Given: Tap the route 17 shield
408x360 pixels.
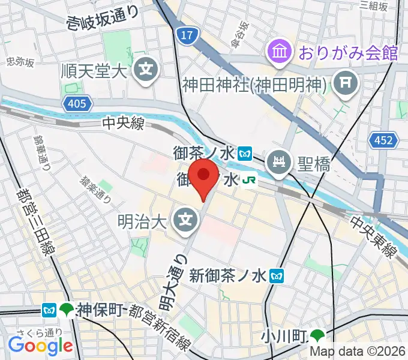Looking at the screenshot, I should click(187, 37).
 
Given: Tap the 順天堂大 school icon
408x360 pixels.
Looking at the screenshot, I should click(146, 71).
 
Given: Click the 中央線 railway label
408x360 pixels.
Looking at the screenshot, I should click(123, 124).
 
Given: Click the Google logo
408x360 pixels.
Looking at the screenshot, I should click(41, 346).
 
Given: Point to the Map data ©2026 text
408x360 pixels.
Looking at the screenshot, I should click(358, 353).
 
